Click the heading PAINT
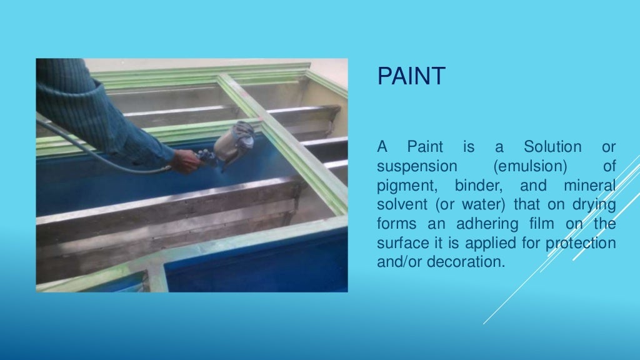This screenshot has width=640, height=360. pyautogui.click(x=411, y=76)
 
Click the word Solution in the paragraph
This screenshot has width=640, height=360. pyautogui.click(x=552, y=147)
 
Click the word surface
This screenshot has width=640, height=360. pyautogui.click(x=400, y=243)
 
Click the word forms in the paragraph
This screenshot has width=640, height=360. pyautogui.click(x=395, y=224)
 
